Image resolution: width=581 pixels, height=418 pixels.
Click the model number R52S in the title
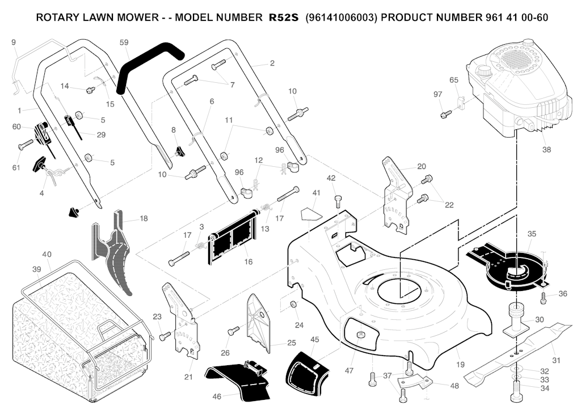[283, 18]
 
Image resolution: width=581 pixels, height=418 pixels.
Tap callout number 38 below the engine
[546, 150]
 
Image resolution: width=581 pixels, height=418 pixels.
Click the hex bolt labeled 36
[543, 296]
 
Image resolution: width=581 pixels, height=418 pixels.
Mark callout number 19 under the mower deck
[460, 365]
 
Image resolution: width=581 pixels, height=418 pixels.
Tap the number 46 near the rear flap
[217, 397]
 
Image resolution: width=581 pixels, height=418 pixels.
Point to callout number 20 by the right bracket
[421, 166]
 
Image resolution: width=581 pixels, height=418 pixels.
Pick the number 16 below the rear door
[248, 262]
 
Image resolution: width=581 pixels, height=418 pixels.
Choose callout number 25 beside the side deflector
[292, 343]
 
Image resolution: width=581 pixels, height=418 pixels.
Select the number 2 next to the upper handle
[272, 64]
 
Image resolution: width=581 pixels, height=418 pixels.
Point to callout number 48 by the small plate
[454, 386]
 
